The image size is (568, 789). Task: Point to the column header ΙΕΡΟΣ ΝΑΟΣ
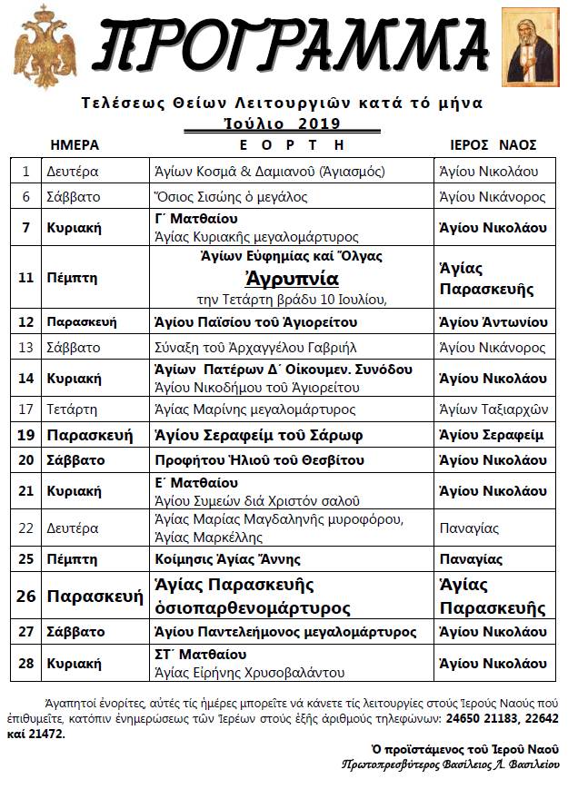point(493,145)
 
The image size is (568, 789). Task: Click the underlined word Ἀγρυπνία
point(291,278)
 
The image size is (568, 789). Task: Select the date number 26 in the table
point(26,596)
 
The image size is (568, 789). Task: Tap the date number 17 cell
point(26,409)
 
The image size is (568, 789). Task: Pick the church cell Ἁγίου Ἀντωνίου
point(493,321)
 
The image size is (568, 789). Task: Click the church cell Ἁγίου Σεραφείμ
point(491,435)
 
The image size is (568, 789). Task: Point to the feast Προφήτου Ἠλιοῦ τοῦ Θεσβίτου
point(245,460)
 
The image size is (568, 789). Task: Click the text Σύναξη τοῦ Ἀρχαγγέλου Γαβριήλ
point(244,347)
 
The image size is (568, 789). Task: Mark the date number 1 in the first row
point(26,171)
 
